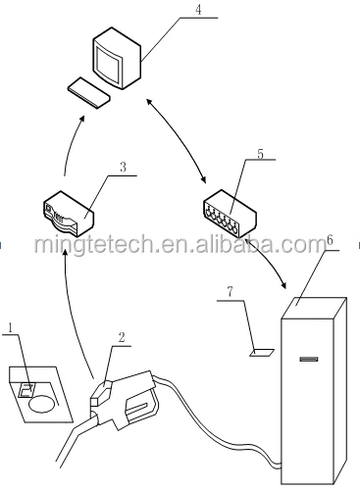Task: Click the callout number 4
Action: pos(198,12)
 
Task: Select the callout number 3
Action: pos(122,168)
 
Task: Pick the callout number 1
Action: pos(10,326)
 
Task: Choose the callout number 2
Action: pos(121,338)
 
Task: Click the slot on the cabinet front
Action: pos(309,361)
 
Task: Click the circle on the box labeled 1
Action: pos(40,401)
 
